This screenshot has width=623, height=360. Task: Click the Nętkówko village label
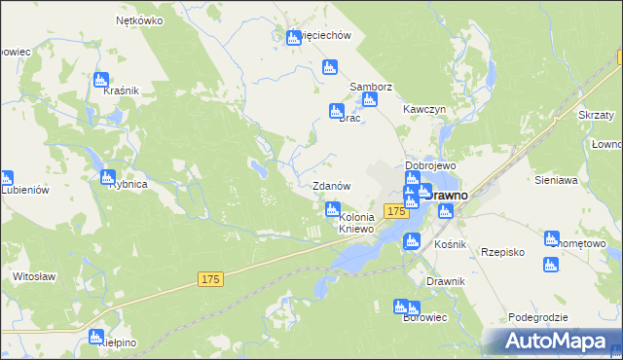click(x=139, y=19)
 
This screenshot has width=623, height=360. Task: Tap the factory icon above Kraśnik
click(x=100, y=80)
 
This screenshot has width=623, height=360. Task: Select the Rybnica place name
click(x=128, y=183)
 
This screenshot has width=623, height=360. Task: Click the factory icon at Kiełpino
click(x=96, y=337)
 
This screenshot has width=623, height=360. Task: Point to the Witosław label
click(x=32, y=276)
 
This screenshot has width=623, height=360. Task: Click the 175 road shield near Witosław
click(x=210, y=279)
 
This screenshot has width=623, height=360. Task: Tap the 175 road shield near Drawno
click(x=394, y=211)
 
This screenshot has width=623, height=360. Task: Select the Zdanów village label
click(x=330, y=185)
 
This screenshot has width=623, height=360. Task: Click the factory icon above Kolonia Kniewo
click(x=333, y=209)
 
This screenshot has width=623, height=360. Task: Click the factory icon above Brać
click(x=337, y=111)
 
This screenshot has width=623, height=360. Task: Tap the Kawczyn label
click(x=424, y=110)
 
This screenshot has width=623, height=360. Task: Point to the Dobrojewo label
click(x=431, y=165)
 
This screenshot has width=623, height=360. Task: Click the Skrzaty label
click(x=595, y=115)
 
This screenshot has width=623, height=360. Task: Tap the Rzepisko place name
click(x=503, y=252)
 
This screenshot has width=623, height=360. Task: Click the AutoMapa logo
click(x=553, y=341)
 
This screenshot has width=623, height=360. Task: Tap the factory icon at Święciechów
click(x=294, y=38)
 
